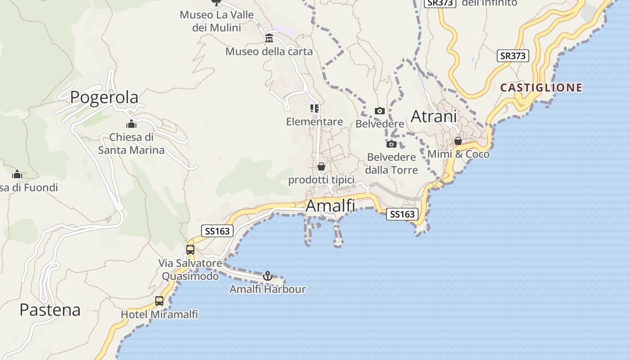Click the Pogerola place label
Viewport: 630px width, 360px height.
tap(104, 97)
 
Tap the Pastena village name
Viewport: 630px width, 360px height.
tap(50, 310)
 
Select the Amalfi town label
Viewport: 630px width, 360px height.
tap(330, 206)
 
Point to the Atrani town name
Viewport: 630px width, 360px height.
tap(433, 117)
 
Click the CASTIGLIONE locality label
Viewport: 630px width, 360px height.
tap(541, 87)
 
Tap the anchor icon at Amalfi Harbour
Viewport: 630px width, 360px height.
tap(268, 275)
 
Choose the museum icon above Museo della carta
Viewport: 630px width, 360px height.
tap(269, 38)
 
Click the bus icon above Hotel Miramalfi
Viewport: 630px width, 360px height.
tap(159, 301)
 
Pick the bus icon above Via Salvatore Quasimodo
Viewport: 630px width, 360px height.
tap(190, 249)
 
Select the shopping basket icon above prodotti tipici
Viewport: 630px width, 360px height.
tap(321, 166)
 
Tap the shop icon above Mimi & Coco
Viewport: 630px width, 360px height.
tap(458, 141)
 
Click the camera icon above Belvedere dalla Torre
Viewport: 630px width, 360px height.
tap(391, 144)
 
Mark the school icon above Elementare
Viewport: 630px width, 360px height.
tap(314, 108)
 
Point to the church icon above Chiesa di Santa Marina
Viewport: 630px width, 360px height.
tap(131, 124)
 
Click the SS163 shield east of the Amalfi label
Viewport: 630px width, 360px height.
tap(402, 214)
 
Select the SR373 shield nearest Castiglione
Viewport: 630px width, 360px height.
tap(513, 56)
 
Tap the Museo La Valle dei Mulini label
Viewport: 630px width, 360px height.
tap(216, 21)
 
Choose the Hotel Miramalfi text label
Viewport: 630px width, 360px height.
tap(159, 314)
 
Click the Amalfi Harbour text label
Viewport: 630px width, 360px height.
tap(267, 289)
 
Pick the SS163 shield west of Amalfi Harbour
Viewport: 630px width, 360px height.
tap(217, 231)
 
